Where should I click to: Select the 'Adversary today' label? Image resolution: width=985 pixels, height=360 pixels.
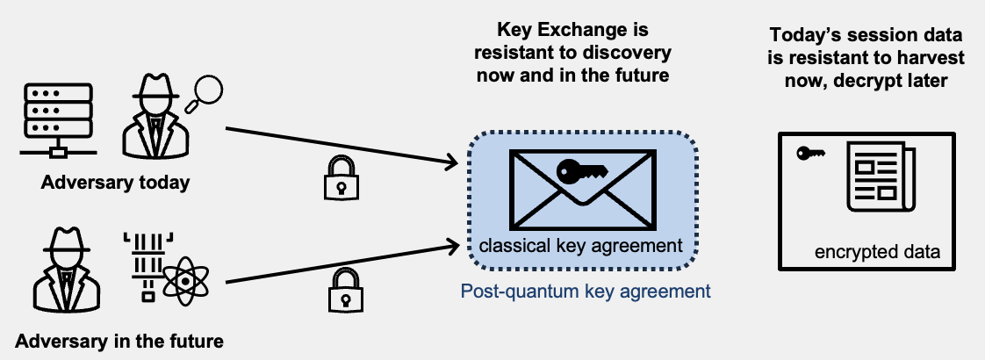click(115, 184)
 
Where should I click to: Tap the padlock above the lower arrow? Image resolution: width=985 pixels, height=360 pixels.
click(344, 289)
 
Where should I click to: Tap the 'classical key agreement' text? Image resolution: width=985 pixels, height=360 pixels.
click(580, 245)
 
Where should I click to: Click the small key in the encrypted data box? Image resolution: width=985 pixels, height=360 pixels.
click(809, 155)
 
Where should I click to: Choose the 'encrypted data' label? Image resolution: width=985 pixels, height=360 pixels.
click(877, 252)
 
